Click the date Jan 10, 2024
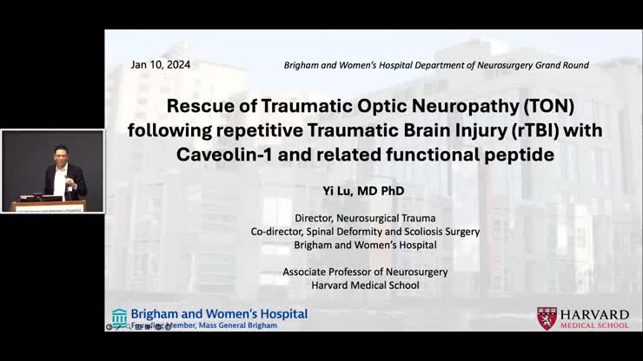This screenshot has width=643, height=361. coord(161,65)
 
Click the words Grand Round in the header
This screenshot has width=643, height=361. coord(560,65)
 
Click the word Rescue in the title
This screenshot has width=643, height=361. coord(197,107)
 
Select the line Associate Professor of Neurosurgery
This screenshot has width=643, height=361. coord(365,272)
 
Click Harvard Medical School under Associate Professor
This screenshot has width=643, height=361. coord(365,286)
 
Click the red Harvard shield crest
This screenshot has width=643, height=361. coord(547,318)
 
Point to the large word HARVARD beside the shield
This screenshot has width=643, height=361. coord(595,314)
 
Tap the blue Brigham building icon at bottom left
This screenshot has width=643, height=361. coord(119,316)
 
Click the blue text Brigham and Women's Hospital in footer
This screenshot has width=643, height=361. coord(219,313)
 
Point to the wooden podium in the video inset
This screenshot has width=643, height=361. coord(50,205)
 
